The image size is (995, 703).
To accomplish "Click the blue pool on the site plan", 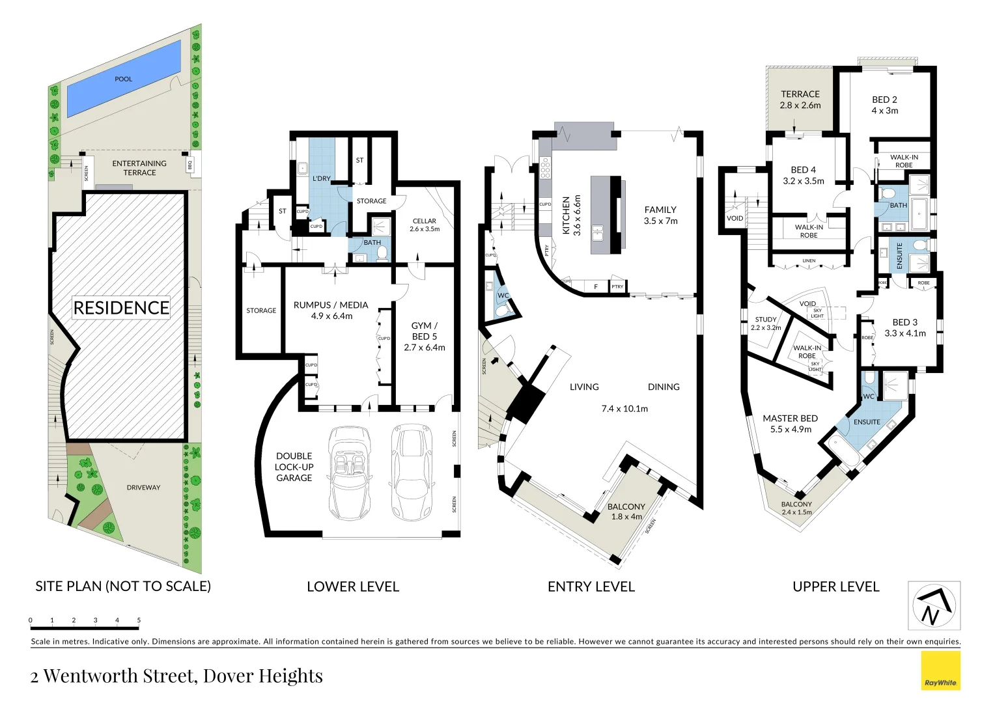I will pyautogui.click(x=124, y=79).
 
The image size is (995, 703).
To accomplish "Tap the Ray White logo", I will pyautogui.click(x=940, y=670).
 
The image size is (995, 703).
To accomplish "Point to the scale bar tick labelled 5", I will pyautogui.click(x=139, y=621).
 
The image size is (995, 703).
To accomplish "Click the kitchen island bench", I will pyautogui.click(x=606, y=215).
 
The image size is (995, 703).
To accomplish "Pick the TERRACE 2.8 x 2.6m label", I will pyautogui.click(x=800, y=100).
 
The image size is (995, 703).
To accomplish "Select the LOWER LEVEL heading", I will pyautogui.click(x=353, y=586).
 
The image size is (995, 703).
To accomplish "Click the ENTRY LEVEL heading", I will pyautogui.click(x=591, y=586).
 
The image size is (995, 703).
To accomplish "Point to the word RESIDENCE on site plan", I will pyautogui.click(x=121, y=307).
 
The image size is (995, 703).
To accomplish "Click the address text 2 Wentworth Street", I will pyautogui.click(x=176, y=676).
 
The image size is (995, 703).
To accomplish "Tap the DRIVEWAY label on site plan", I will pyautogui.click(x=143, y=488).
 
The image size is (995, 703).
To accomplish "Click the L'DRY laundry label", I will pyautogui.click(x=322, y=178).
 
